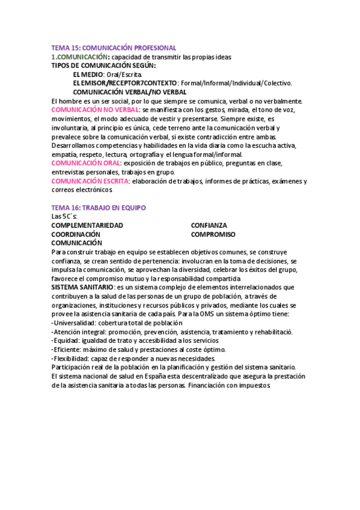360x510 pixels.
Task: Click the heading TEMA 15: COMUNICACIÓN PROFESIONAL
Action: (114, 48)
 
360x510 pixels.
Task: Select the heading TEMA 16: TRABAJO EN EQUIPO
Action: (99, 207)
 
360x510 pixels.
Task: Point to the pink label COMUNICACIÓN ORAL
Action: (86, 163)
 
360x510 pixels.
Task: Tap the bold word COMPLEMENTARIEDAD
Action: (87, 225)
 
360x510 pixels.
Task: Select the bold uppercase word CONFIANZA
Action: (209, 225)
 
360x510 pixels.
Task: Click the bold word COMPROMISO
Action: (213, 234)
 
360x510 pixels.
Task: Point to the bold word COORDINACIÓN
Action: (76, 234)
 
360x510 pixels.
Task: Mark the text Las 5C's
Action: (64, 216)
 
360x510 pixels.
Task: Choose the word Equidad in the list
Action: (66, 340)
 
